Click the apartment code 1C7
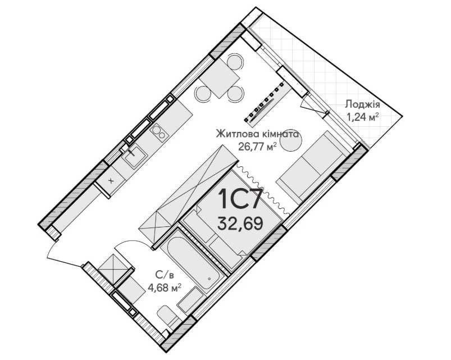pyautogui.click(x=240, y=199)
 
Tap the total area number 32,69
pyautogui.click(x=240, y=224)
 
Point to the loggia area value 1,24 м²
pyautogui.click(x=362, y=117)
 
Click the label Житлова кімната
pyautogui.click(x=257, y=134)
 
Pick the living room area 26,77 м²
pyautogui.click(x=257, y=147)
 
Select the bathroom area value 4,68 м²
pyautogui.click(x=164, y=287)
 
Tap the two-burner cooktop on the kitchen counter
pyautogui.click(x=159, y=133)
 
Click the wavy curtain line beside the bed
pyautogui.click(x=262, y=189)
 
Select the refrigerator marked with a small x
pyautogui.click(x=111, y=180)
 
